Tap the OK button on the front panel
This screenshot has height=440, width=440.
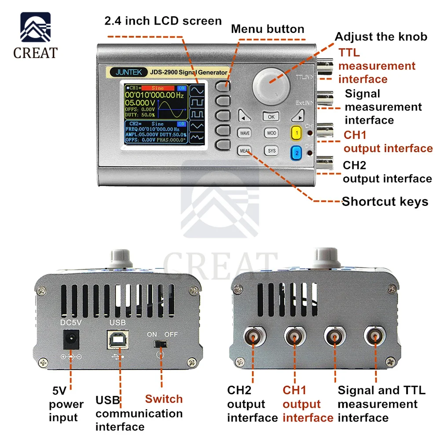tap(271, 117)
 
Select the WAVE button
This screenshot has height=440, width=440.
tap(245, 133)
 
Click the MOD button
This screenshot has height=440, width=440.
tap(271, 133)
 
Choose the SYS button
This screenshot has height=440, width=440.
tap(271, 151)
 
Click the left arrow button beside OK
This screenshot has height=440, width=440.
tap(243, 117)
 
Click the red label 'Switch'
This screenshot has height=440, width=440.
tap(164, 399)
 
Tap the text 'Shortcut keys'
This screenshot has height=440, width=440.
tap(385, 202)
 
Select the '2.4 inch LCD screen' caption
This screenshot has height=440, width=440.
tap(163, 21)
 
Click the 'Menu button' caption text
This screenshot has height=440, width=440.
tap(268, 29)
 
